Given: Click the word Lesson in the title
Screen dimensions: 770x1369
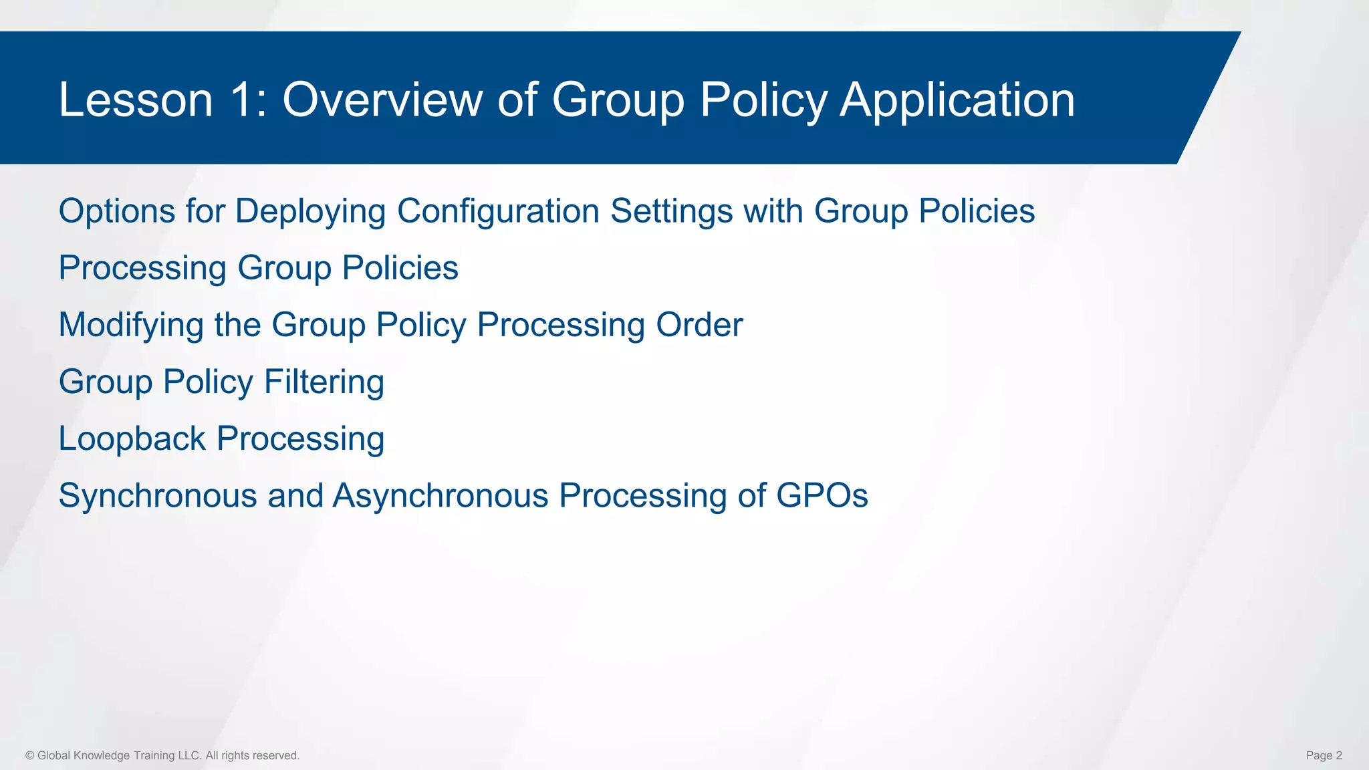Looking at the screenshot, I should (x=136, y=100).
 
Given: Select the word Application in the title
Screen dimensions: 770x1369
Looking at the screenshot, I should (x=957, y=100).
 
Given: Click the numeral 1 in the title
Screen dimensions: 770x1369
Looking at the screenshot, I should (x=241, y=100).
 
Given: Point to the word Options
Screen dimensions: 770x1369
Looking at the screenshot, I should (x=117, y=211).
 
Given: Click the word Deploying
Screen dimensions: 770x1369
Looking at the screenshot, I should (x=310, y=213).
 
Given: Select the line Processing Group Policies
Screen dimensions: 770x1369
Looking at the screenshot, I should (x=258, y=269).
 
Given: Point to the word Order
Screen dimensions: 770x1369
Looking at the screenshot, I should (x=699, y=325).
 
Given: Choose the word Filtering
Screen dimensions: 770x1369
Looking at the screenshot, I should (x=324, y=383).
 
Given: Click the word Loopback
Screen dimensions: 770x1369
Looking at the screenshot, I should (x=132, y=439).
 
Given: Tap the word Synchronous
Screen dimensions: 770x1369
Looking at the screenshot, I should (x=158, y=497).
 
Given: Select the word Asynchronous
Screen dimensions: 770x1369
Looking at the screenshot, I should (x=441, y=497).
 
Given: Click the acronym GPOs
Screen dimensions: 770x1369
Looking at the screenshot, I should (x=822, y=496).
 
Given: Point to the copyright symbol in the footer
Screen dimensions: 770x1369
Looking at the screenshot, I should (x=30, y=756).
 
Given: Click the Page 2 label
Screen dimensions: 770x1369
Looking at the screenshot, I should (x=1324, y=756).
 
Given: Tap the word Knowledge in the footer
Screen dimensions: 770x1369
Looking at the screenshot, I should (x=102, y=756).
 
